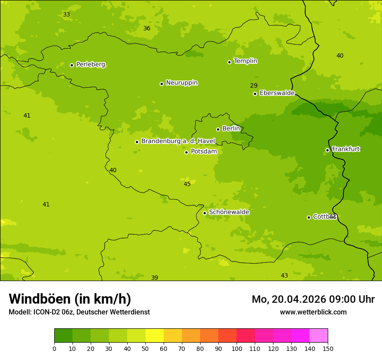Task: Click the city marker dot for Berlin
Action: [218, 129]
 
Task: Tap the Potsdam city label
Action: [204, 151]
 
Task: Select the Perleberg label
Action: [90, 65]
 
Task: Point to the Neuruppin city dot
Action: [161, 84]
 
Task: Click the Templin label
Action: [245, 61]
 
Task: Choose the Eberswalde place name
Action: [277, 93]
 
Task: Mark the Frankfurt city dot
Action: [327, 150]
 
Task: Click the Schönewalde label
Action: [229, 212]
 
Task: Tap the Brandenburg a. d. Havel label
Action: [178, 141]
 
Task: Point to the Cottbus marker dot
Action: [309, 217]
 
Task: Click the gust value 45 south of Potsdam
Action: [187, 184]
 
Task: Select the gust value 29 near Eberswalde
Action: [254, 85]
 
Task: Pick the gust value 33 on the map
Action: [66, 14]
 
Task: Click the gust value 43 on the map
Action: [284, 275]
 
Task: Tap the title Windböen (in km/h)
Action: [70, 299]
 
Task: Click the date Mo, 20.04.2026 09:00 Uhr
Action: [313, 299]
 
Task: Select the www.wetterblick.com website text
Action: [313, 312]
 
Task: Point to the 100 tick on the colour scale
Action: [237, 348]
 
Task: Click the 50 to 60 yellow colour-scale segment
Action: [155, 336]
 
